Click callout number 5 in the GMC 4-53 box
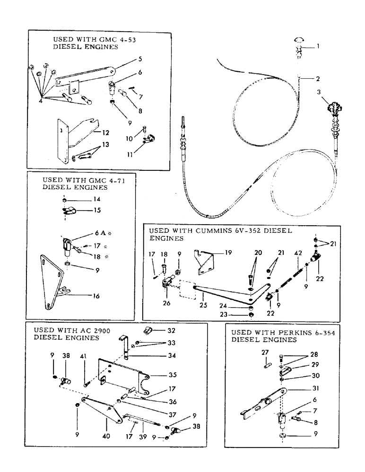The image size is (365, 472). [127, 60]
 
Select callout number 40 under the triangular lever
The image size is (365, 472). [107, 436]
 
